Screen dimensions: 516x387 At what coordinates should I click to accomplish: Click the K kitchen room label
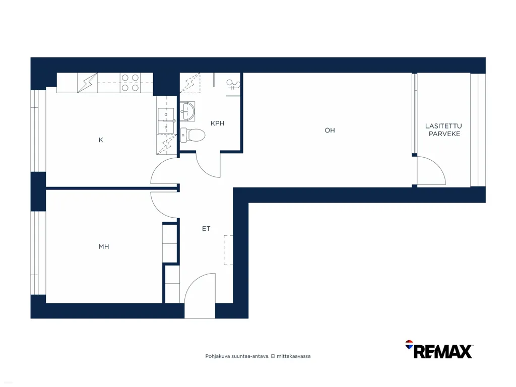tap(101, 140)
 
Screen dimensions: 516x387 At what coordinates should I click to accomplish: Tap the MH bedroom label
tap(104, 246)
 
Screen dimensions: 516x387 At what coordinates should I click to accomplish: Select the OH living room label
tap(330, 131)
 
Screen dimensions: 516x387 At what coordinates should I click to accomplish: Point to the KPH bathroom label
tap(217, 123)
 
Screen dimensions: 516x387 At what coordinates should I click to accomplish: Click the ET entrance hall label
tap(206, 228)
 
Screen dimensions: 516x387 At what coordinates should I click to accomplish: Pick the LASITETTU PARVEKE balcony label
tap(444, 130)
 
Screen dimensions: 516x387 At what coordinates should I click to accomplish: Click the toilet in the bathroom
tap(193, 135)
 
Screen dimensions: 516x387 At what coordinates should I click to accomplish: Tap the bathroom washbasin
tap(187, 111)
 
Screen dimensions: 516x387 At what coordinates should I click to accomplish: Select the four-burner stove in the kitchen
tap(130, 83)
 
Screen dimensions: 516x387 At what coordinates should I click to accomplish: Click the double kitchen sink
tap(166, 120)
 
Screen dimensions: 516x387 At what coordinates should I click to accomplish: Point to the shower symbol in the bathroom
tap(233, 85)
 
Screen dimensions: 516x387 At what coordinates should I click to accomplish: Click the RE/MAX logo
tap(439, 350)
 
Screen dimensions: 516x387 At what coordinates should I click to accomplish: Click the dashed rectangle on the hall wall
tap(228, 250)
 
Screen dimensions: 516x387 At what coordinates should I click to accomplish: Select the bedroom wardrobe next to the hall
tap(170, 243)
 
